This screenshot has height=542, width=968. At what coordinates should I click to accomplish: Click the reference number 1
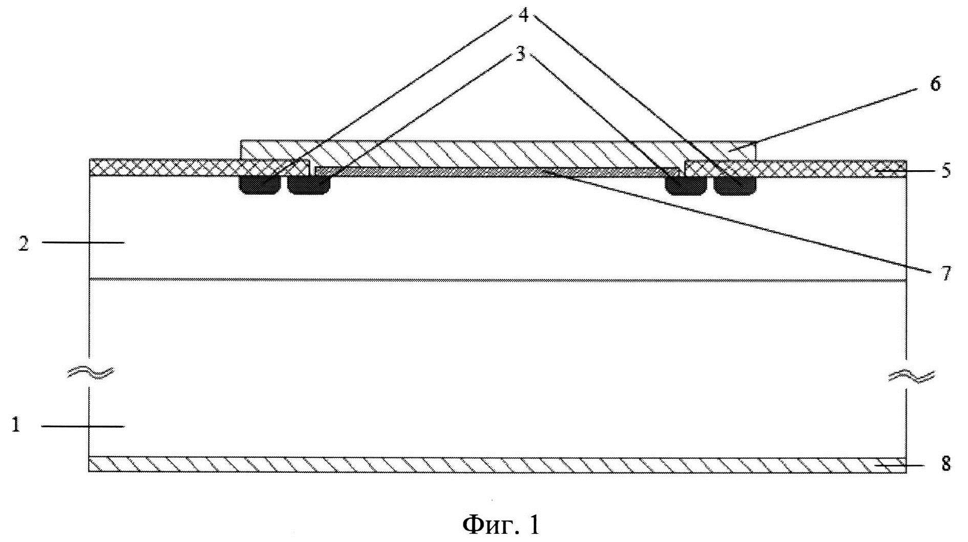pos(16,425)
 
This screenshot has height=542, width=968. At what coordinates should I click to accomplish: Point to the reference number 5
pos(945,170)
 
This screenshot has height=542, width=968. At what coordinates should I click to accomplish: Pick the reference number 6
pos(935,84)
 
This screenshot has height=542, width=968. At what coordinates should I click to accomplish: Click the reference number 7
pos(945,273)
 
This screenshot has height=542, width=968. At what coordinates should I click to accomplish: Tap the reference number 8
pos(945,464)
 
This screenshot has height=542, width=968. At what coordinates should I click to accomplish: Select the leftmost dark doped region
pos(260,185)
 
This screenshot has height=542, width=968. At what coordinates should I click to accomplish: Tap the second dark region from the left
pos(309,185)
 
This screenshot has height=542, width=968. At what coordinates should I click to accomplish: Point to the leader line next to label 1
pos(82,426)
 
